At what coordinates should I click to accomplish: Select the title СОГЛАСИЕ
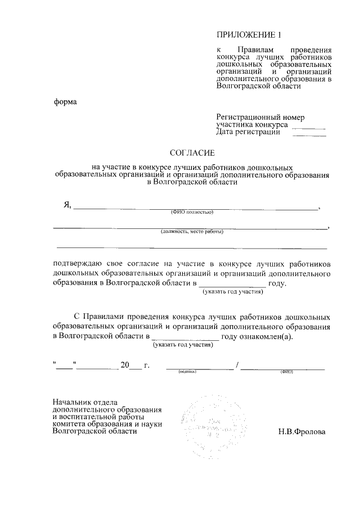(x=192, y=152)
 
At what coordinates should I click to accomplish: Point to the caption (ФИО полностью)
(x=192, y=212)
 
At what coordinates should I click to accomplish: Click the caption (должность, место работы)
(x=192, y=232)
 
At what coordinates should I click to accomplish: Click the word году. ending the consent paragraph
(x=278, y=284)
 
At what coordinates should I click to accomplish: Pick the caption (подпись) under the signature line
(x=187, y=372)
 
